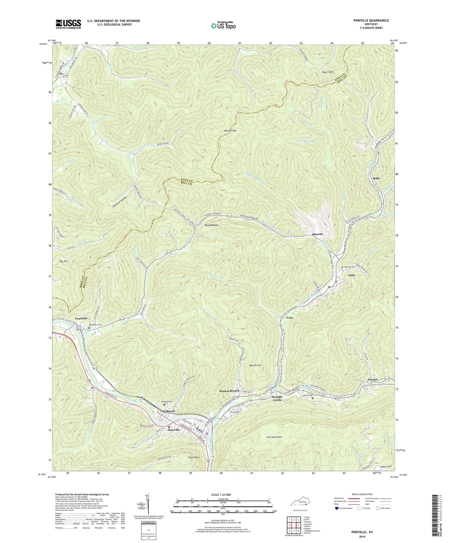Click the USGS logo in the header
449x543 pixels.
[68, 24]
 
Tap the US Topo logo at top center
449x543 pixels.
[223, 26]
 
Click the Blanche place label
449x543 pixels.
[318, 234]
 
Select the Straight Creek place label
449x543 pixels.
[277, 398]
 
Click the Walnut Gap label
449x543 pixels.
[230, 131]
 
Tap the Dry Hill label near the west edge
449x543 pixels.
[63, 261]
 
